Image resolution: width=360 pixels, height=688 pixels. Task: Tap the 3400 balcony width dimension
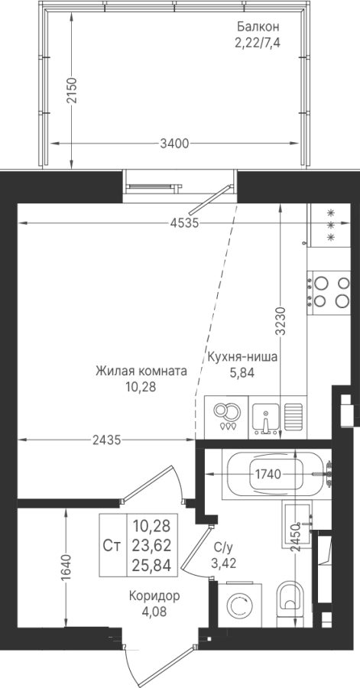(x=174, y=144)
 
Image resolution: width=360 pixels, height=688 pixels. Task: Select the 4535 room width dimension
(x=185, y=223)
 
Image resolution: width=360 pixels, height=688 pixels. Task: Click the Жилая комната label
(x=141, y=372)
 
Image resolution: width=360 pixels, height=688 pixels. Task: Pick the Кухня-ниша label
(x=242, y=357)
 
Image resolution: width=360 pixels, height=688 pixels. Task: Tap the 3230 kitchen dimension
(x=281, y=321)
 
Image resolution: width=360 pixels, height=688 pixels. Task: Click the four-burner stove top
(x=329, y=292)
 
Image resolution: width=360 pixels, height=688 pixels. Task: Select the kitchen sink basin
(x=265, y=417)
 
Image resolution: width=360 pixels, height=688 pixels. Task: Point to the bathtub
(x=275, y=475)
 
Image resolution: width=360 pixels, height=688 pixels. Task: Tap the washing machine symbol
(x=239, y=606)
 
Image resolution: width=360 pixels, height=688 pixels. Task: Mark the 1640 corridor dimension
(x=66, y=568)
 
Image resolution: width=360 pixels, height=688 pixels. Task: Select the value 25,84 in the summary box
(x=151, y=565)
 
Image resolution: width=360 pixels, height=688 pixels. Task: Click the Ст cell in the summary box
(x=112, y=545)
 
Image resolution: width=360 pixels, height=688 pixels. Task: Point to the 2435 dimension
(x=106, y=440)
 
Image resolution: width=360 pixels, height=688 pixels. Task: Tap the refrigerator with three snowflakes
(x=329, y=225)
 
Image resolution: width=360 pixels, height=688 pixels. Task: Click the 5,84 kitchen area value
(x=242, y=373)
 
